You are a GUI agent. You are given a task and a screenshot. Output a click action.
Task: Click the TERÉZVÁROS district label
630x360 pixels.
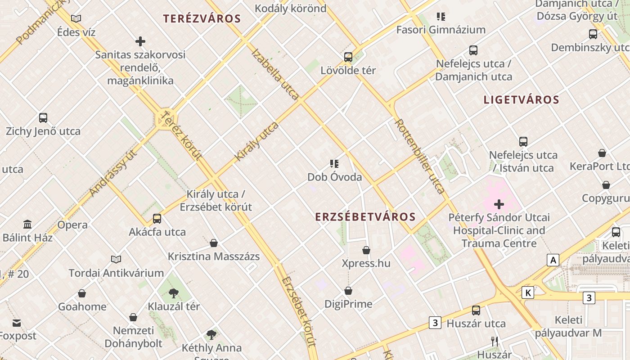point(202,19)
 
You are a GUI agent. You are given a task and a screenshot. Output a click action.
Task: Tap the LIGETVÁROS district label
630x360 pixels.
point(521,100)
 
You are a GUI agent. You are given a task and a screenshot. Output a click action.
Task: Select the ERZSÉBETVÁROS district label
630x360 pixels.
point(365,217)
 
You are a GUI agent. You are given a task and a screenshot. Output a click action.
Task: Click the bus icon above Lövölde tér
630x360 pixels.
point(348,57)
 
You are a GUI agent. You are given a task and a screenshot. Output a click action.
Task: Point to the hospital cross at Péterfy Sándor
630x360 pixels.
point(499,204)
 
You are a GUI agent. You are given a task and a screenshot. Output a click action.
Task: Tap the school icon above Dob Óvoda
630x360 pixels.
point(334,164)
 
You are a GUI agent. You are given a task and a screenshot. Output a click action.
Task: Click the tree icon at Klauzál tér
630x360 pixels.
point(174,293)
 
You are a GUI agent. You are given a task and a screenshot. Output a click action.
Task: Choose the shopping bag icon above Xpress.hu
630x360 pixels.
point(366,250)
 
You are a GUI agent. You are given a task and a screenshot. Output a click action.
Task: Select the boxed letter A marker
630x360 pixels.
point(553,260)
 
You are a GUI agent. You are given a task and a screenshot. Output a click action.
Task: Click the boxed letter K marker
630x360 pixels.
point(528,293)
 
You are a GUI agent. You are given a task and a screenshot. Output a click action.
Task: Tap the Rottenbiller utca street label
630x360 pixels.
point(420,156)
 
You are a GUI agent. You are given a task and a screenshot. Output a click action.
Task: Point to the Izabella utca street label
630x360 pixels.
point(275,74)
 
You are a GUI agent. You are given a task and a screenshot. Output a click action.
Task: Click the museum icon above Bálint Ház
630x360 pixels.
point(27,224)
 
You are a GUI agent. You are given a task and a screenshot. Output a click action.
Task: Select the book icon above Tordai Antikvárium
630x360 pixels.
point(116,259)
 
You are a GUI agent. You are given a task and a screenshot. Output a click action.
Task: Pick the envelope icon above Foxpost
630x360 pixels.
point(17,323)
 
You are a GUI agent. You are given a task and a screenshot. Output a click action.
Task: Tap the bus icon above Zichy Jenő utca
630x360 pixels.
point(43,118)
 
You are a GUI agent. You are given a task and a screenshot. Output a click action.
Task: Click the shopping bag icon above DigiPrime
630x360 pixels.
point(348,291)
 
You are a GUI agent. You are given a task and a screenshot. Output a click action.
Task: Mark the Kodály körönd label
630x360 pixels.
point(290,8)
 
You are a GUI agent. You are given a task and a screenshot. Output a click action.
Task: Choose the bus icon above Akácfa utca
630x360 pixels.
point(157,219)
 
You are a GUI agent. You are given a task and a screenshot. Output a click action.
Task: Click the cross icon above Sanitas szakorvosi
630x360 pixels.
point(140,41)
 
